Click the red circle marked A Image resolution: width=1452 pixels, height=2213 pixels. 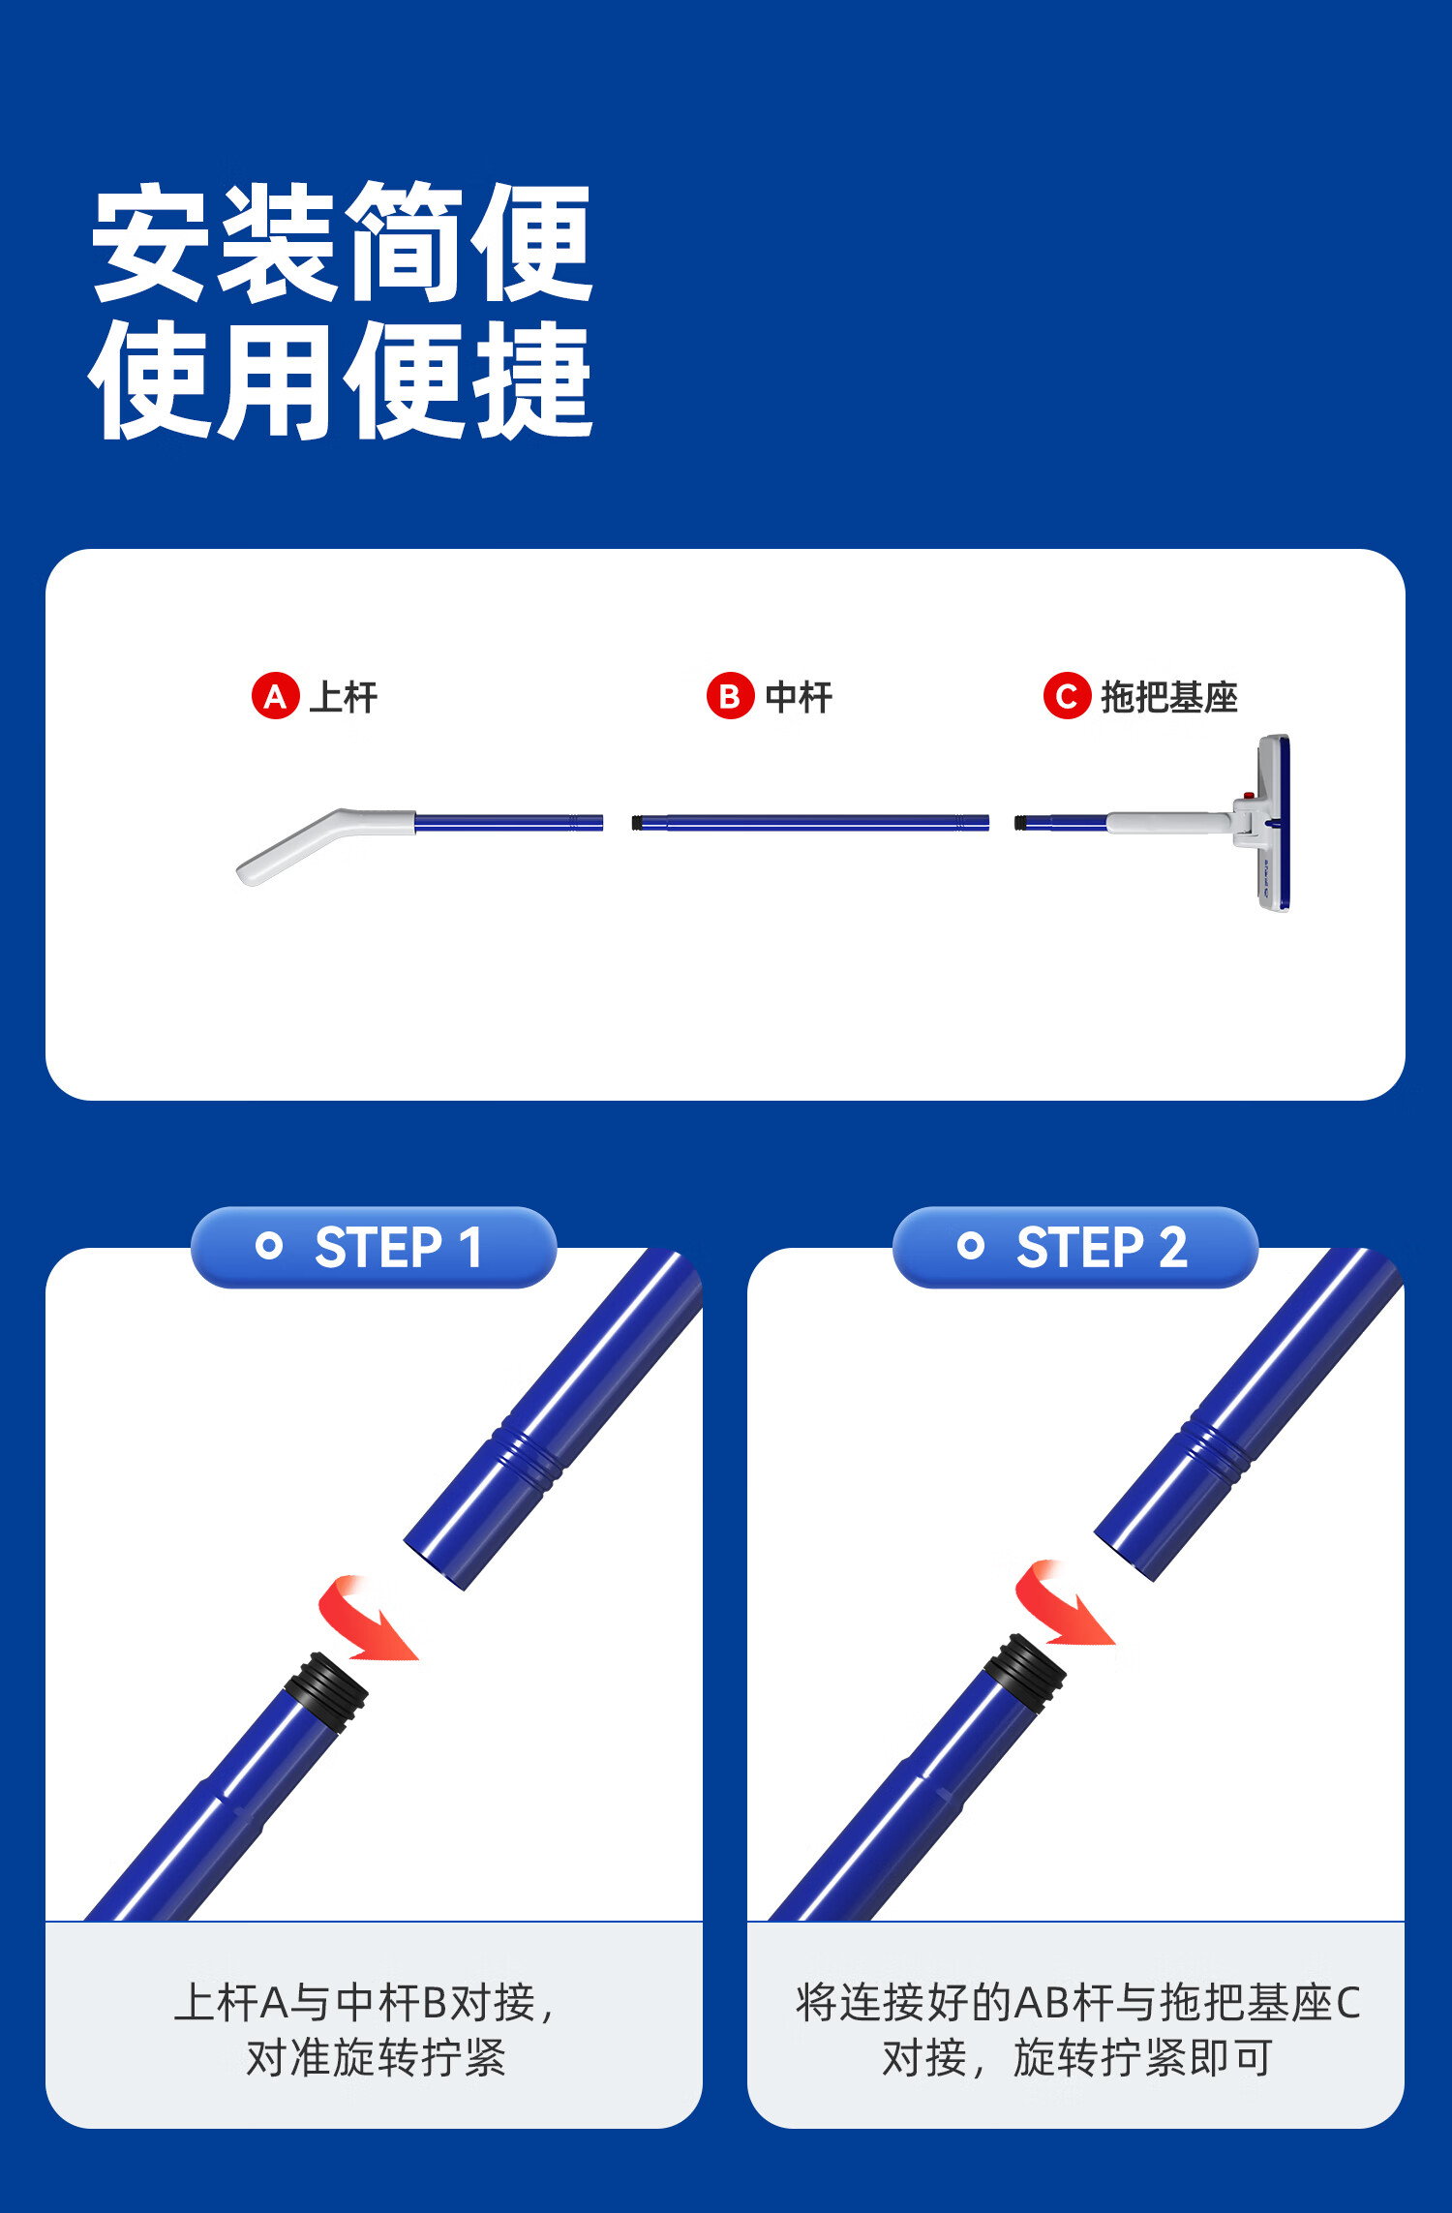click(275, 696)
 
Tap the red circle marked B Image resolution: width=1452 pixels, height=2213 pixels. click(730, 696)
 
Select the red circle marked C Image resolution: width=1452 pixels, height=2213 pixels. click(1067, 696)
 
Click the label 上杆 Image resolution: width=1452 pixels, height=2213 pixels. click(344, 697)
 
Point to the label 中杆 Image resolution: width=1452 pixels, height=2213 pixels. click(799, 697)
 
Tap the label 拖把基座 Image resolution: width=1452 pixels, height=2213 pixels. click(1169, 697)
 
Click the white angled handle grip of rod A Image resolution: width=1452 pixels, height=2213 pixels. click(319, 844)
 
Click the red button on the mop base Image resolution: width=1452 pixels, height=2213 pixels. click(1249, 796)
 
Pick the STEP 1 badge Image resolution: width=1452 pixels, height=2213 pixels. click(374, 1247)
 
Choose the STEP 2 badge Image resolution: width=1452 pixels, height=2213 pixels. click(1075, 1247)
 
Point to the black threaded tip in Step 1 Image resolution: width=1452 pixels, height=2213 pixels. click(327, 1691)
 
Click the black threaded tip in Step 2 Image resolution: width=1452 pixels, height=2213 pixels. click(1025, 1674)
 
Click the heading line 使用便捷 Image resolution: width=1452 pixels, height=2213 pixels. click(342, 380)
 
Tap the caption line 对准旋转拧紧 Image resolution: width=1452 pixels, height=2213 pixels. click(376, 2058)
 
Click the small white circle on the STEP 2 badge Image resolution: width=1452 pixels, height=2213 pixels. click(970, 1246)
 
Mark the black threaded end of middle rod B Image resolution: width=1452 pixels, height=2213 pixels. click(636, 823)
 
